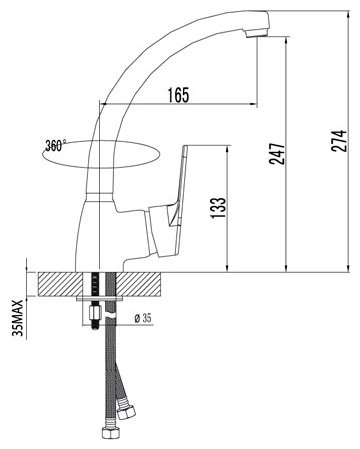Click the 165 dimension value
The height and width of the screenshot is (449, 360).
pyautogui.click(x=178, y=95)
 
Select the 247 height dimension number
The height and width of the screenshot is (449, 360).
pyautogui.click(x=277, y=154)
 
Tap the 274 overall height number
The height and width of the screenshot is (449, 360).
pyautogui.click(x=339, y=141)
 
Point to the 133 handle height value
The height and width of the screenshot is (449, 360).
pyautogui.click(x=218, y=208)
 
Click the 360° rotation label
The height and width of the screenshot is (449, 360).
pyautogui.click(x=56, y=145)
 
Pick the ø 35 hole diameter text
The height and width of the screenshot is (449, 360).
pyautogui.click(x=143, y=318)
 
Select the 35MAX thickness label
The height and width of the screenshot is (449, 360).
pyautogui.click(x=17, y=318)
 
